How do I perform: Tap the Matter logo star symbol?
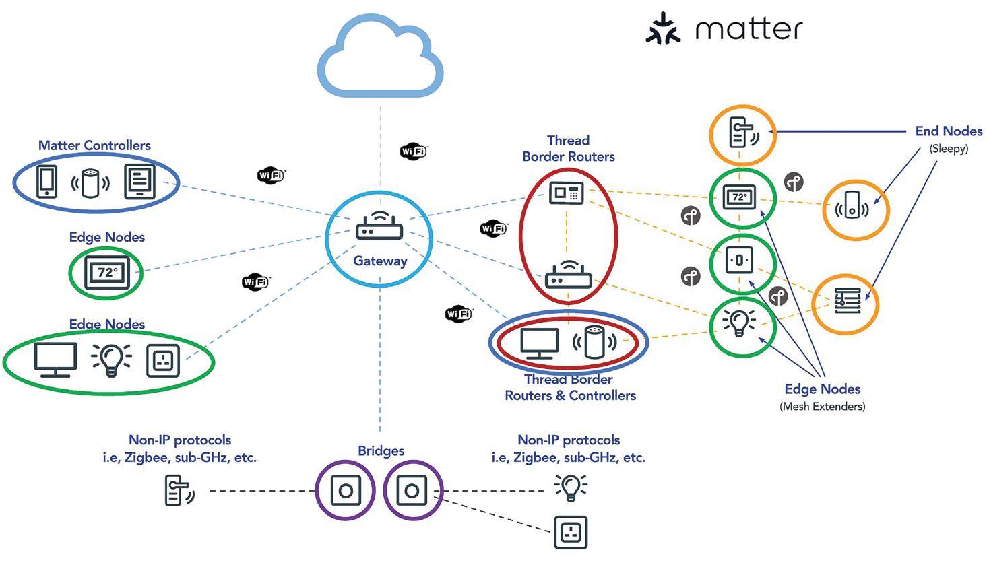point(663,29)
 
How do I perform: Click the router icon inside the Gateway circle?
point(379,227)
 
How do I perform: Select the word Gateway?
point(380,261)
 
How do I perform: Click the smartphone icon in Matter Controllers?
point(46,181)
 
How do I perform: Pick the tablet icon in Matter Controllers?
point(139,181)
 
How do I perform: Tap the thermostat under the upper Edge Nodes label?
point(106,273)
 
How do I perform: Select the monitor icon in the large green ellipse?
point(55,360)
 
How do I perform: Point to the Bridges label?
point(381,451)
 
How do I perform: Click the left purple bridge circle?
point(346,490)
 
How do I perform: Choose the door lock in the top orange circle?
point(742,133)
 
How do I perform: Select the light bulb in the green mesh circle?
point(740,323)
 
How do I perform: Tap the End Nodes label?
point(948,131)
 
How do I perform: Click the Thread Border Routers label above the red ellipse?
point(568,149)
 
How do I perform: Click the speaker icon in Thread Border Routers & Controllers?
point(594,343)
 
